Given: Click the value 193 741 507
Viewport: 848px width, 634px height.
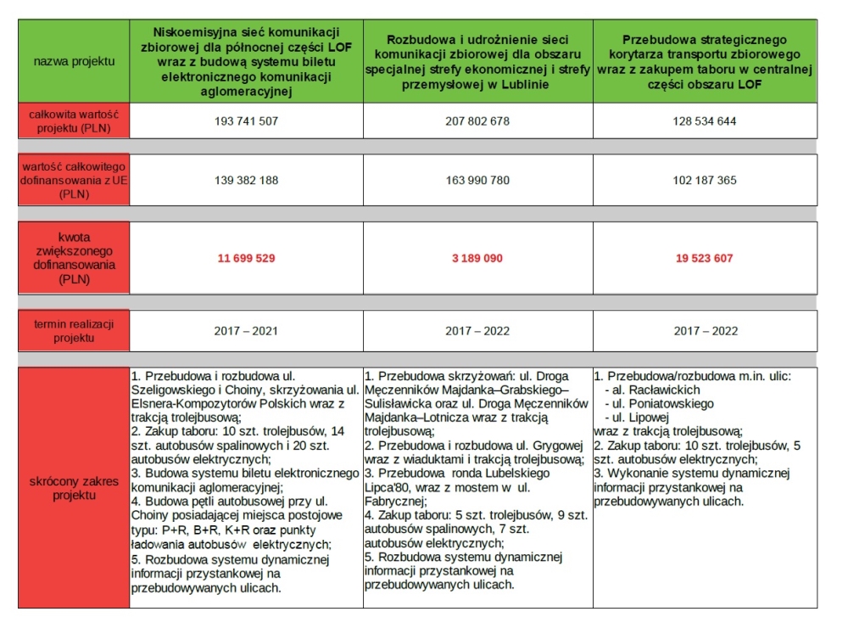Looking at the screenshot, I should point(246,121).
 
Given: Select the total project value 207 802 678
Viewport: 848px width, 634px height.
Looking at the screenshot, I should point(477,121).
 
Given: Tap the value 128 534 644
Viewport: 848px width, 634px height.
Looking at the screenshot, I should point(704,121).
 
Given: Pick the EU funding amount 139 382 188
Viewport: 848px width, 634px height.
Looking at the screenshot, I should point(246,181).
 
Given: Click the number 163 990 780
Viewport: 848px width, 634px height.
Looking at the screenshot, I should point(477,181).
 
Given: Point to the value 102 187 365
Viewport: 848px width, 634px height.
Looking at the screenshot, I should point(704,181).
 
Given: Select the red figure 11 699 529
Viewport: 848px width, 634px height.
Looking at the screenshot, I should point(246,258).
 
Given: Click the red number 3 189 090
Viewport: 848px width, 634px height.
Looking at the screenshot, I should point(477,258).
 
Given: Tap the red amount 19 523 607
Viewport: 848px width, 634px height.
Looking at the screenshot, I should point(704,258).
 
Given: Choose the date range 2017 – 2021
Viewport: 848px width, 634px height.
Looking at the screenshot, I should point(246,330).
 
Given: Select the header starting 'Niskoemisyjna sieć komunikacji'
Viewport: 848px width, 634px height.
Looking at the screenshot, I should point(246,61).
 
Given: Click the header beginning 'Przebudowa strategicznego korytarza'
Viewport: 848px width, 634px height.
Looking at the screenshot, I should point(704,61).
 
